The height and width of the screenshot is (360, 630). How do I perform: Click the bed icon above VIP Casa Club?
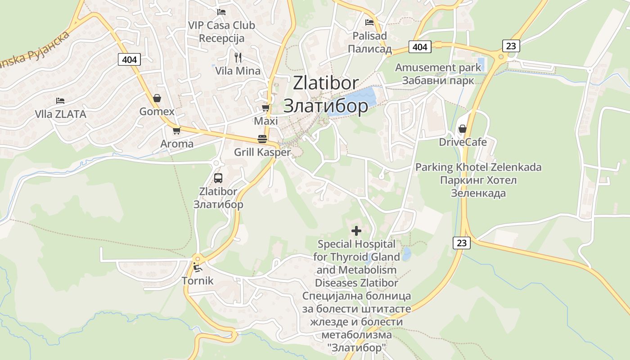pos(221,12)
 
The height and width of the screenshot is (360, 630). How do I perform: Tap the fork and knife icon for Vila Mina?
pos(238,57)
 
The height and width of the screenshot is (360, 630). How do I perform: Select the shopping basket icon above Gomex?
pos(157,98)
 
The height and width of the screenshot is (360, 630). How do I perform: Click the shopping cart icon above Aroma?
pos(176,130)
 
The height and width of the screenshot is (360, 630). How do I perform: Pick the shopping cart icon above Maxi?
pos(265,108)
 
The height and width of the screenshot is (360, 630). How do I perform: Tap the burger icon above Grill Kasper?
pos(262,139)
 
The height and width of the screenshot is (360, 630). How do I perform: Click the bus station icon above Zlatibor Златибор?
pos(218,178)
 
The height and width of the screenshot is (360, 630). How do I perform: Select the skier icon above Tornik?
pos(197,267)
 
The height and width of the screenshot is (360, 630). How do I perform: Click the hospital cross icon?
pos(356,231)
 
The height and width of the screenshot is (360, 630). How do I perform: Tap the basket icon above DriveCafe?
pos(462,129)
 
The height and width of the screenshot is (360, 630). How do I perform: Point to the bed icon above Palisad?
pos(369,22)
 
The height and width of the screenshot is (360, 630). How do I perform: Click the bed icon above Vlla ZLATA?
pos(60,100)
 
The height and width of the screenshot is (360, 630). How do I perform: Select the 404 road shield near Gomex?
pos(130,59)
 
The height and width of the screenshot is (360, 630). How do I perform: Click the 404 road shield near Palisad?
pos(420,46)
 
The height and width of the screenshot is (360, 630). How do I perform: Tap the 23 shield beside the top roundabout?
pos(511,45)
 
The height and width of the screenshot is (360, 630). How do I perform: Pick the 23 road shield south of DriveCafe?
pos(461,243)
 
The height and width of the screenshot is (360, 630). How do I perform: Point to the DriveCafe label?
pos(463,142)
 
